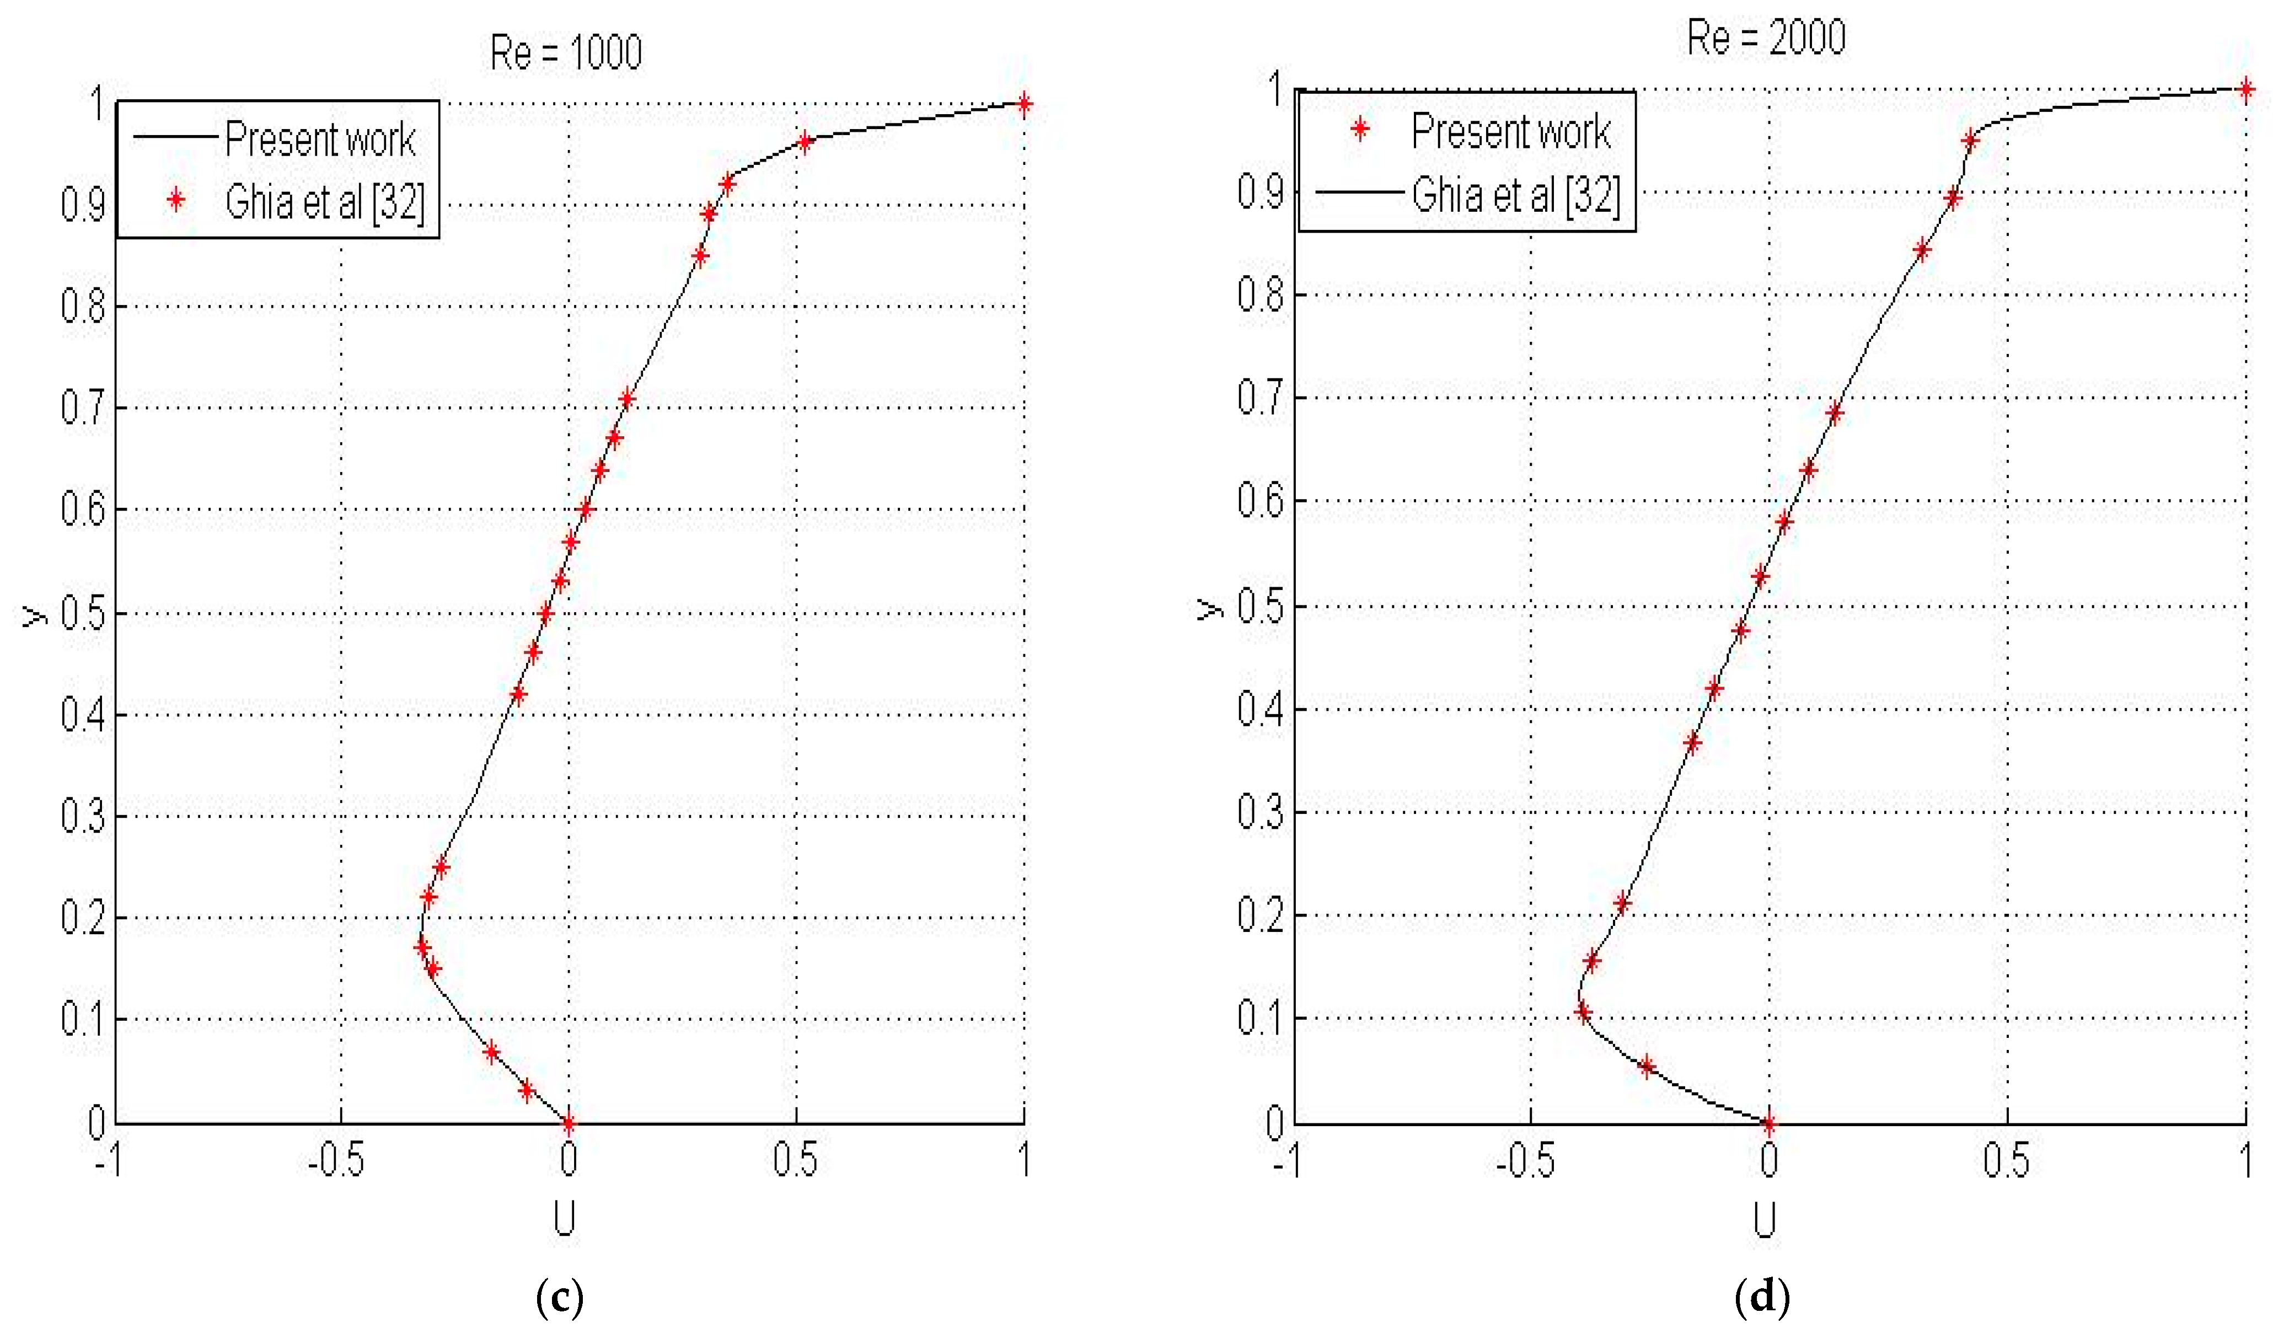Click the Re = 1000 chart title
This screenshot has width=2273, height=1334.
pos(566,52)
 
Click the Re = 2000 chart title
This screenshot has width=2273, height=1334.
pos(1766,38)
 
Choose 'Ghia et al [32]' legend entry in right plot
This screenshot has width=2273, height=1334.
pos(1515,194)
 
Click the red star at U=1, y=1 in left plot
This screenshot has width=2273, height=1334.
pos(1024,104)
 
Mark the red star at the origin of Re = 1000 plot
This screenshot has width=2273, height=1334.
pos(568,1124)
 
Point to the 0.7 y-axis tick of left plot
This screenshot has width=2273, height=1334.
pos(83,408)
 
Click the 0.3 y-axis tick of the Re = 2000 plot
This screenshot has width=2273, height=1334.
pos(1260,812)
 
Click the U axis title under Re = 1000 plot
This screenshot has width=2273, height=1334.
pos(565,1219)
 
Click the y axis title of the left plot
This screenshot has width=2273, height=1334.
pos(34,615)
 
